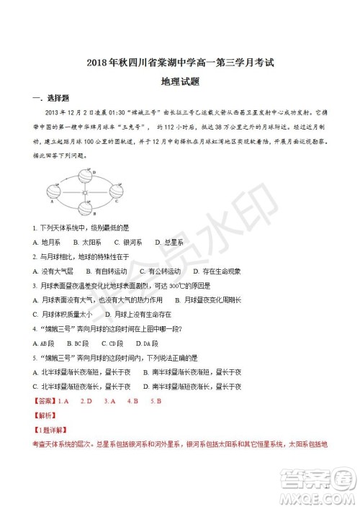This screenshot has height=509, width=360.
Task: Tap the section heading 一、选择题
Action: pos(47,98)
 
